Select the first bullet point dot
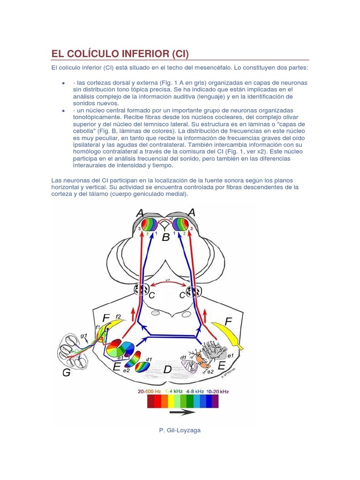tap(63, 83)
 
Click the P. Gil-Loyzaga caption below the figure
tap(180, 430)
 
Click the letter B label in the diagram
tap(165, 238)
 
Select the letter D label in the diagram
tap(167, 370)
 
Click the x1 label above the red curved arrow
tap(167, 280)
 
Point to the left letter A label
tap(139, 213)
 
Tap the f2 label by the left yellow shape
tap(119, 316)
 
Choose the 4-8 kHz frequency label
tap(194, 390)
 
